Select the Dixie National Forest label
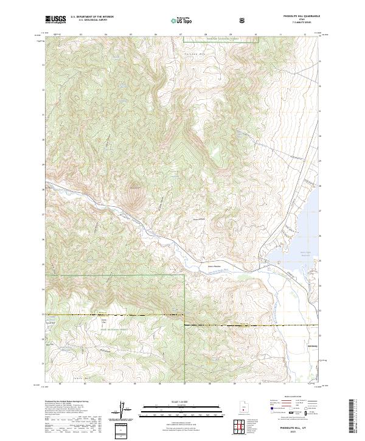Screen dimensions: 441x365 [x=113, y=329]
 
